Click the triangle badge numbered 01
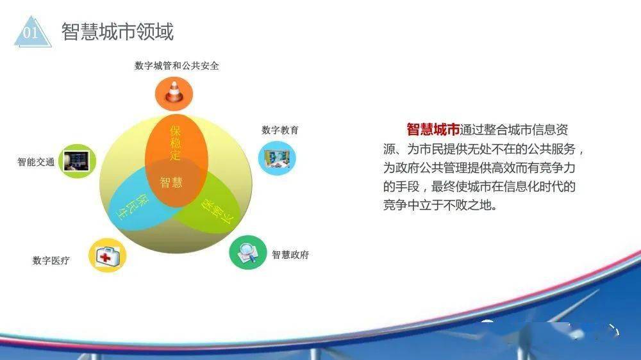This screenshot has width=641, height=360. (x=33, y=33)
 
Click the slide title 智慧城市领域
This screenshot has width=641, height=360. (x=118, y=31)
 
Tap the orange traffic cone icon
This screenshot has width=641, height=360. (x=174, y=94)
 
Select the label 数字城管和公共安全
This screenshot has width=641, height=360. (x=177, y=65)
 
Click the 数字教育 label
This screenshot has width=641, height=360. (x=280, y=130)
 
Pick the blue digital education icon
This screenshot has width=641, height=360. (x=277, y=158)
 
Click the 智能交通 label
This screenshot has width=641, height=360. (x=36, y=162)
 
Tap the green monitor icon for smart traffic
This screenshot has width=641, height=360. (x=78, y=161)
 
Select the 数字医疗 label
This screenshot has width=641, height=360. (x=51, y=260)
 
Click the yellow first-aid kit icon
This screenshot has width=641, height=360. (x=107, y=255)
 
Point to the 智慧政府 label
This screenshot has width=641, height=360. (x=290, y=254)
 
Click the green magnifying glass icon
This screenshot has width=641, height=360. (x=247, y=252)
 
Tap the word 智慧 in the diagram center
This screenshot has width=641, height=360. (x=171, y=182)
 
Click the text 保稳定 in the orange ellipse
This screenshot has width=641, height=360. (x=176, y=143)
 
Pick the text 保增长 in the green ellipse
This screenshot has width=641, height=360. (x=217, y=211)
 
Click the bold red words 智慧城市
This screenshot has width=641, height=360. (x=433, y=129)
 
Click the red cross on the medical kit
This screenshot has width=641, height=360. (x=105, y=257)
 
